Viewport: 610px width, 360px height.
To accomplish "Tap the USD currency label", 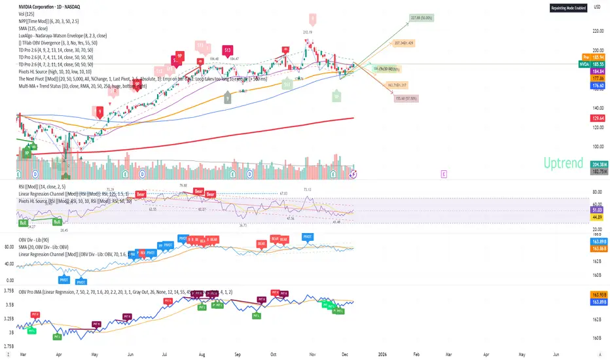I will [x=597, y=7].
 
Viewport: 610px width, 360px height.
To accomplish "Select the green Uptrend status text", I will [x=562, y=164].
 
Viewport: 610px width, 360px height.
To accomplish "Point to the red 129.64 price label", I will [x=597, y=118].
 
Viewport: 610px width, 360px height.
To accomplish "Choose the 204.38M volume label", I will [x=597, y=164].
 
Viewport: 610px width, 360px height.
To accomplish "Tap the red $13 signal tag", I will [x=228, y=50].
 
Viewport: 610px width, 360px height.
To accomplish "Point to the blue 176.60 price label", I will [x=597, y=84].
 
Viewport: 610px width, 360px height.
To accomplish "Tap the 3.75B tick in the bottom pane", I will [x=9, y=291].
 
